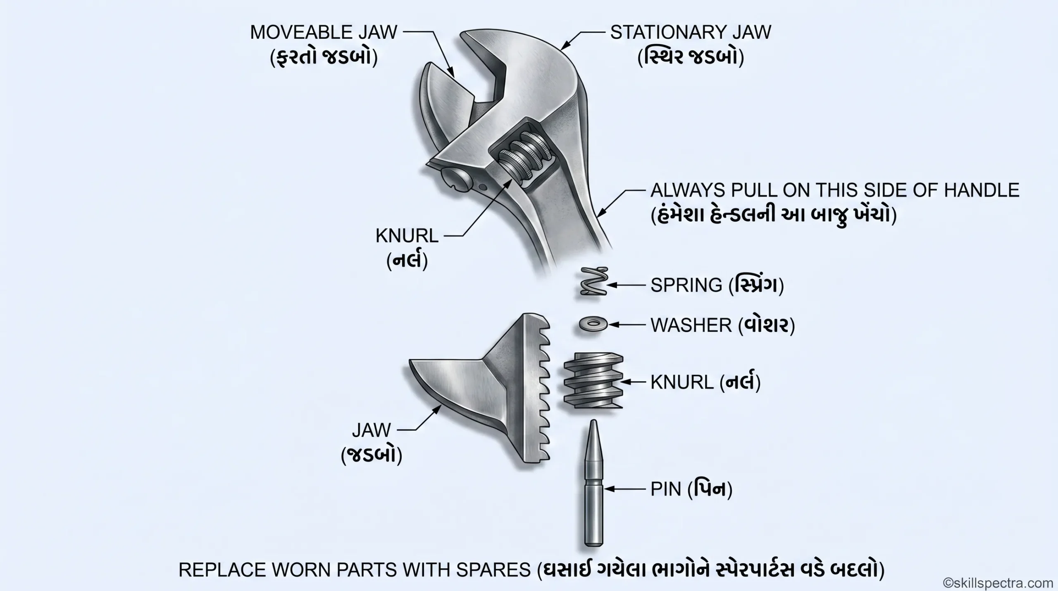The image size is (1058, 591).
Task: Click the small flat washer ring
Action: pos(593,325)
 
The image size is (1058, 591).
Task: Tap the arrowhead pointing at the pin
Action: pos(609,489)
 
